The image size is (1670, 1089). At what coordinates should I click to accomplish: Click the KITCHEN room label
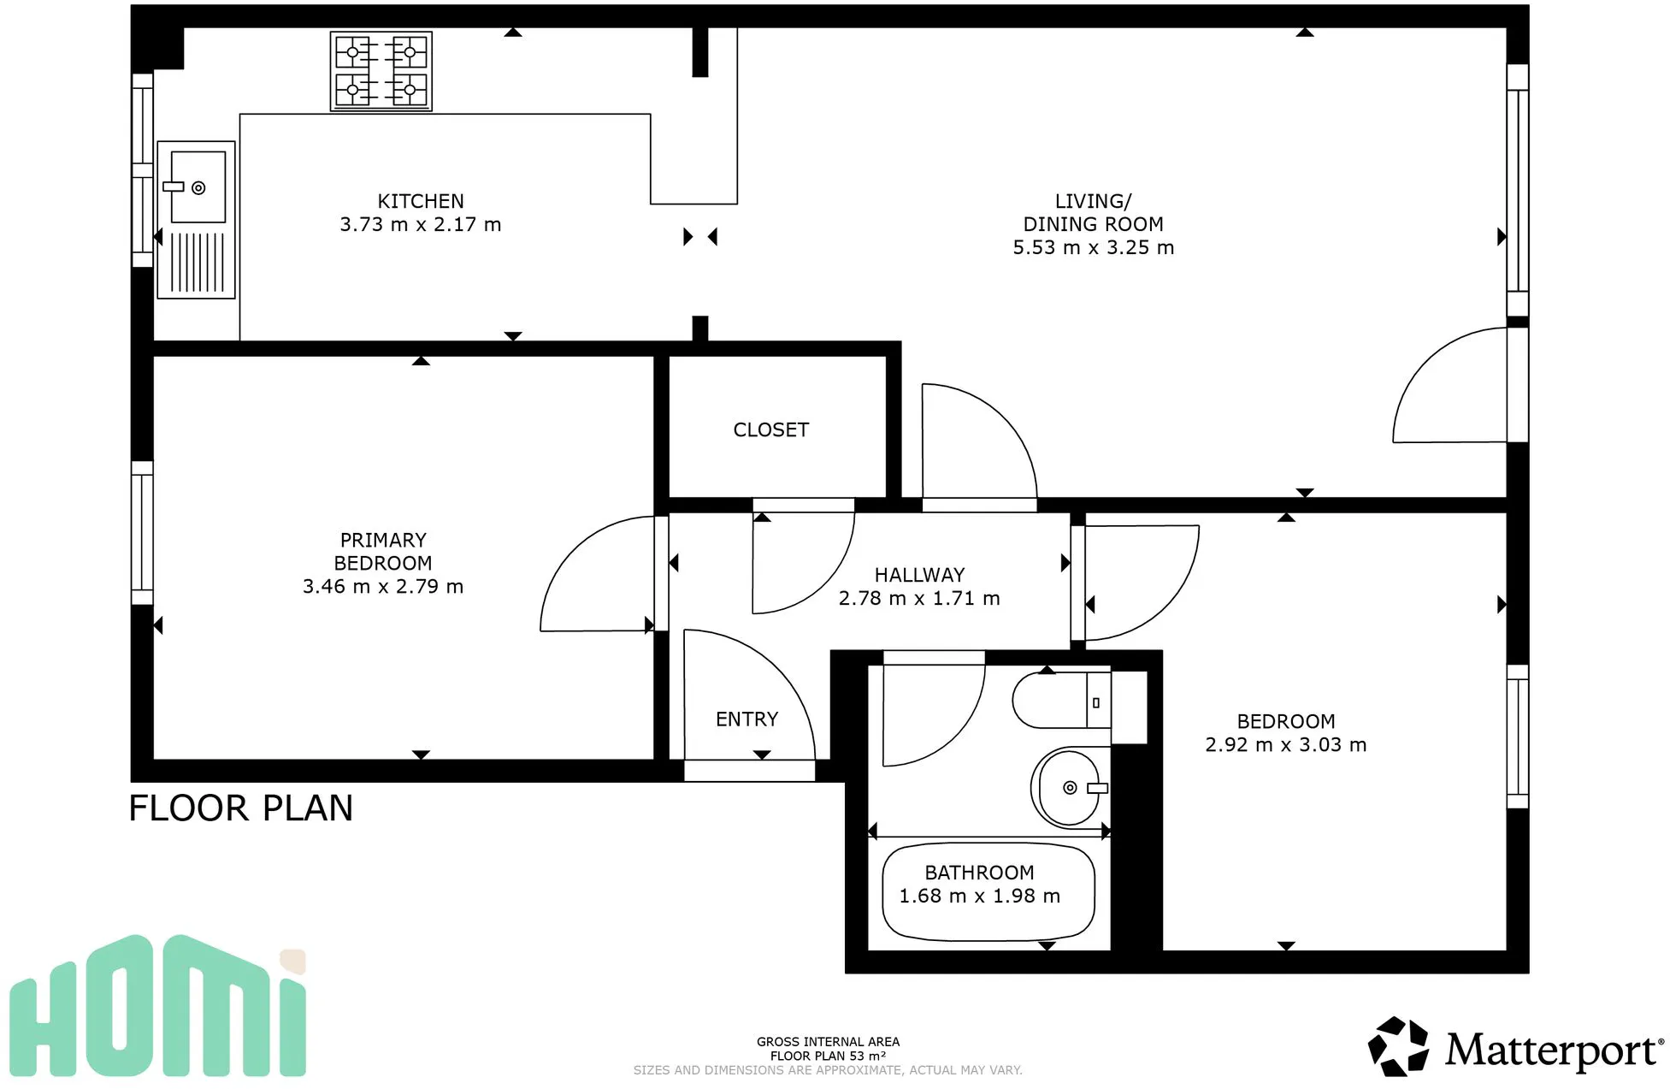coord(421,201)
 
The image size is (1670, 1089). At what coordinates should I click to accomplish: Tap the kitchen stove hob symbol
coord(381,72)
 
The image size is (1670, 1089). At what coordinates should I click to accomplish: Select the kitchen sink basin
coord(198,187)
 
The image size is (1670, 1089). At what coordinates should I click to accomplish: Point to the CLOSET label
coord(770,429)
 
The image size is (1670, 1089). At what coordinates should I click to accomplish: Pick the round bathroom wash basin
coord(1069,787)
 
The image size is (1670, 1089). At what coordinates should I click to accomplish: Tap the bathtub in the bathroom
coord(988,892)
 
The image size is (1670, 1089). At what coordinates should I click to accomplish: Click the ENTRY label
coord(746,719)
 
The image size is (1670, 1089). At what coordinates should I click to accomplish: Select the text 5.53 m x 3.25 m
coord(1093,247)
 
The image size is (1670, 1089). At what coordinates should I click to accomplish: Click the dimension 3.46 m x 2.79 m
coord(382,586)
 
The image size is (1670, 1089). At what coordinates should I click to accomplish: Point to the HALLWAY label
coord(919,575)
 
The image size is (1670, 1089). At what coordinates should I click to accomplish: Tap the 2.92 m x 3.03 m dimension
coord(1285,745)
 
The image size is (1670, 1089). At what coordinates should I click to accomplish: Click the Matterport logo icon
coord(1398,1046)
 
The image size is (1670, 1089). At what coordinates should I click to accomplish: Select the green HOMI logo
coord(158,1007)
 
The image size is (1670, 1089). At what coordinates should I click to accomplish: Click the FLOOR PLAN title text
coord(240,808)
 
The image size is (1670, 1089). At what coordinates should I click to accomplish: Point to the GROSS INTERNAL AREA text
coord(828,1042)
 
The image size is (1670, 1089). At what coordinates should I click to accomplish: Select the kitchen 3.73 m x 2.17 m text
coord(420,224)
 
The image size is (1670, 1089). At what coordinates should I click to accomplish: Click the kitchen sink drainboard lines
coord(198,263)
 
